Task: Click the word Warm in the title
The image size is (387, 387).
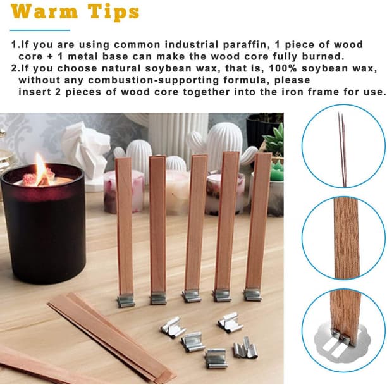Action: point(44,11)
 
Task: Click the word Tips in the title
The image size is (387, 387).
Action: point(114,13)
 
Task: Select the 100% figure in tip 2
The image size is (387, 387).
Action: point(283,68)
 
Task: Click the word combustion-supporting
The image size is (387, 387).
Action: point(154,80)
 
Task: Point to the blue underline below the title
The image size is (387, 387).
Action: point(40,30)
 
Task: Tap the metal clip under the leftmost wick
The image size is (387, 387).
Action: point(126,300)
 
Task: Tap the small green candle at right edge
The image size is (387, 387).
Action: point(277,170)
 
